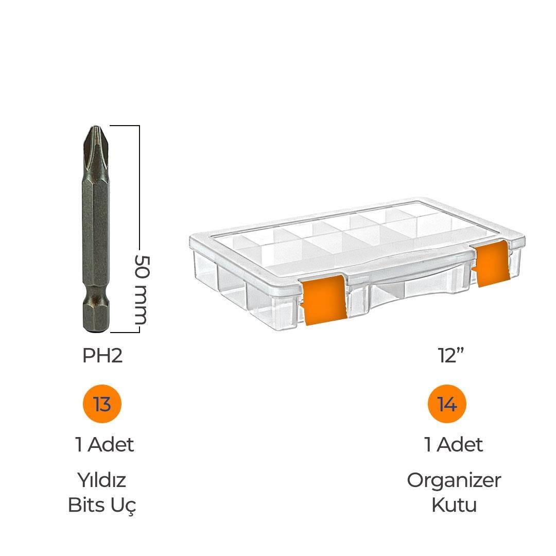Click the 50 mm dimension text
[143, 289]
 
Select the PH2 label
[102, 355]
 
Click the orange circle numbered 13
[102, 404]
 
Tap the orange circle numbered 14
[447, 404]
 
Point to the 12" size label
[451, 355]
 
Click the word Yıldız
[102, 480]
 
